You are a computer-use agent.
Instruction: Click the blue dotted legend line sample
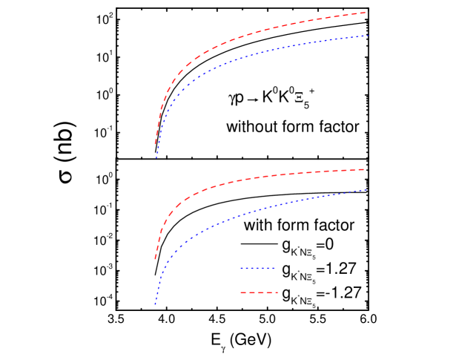point(258,268)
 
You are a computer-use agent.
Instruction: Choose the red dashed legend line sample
point(258,292)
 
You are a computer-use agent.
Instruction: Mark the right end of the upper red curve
point(366,13)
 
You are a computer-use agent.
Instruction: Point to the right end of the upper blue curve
point(368,36)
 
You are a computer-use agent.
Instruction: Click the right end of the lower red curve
point(365,169)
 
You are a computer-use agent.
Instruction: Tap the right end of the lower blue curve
point(367,190)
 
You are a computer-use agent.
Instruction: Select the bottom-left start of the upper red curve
point(154,145)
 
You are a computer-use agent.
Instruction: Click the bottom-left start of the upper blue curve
point(156,158)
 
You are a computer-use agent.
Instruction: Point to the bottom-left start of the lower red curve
point(154,260)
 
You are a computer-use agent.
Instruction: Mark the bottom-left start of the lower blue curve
point(155,305)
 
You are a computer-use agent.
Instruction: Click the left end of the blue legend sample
point(240,268)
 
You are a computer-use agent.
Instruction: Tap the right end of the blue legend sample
point(276,268)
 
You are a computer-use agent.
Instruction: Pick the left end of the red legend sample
point(240,292)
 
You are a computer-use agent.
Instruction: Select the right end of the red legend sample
point(277,292)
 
